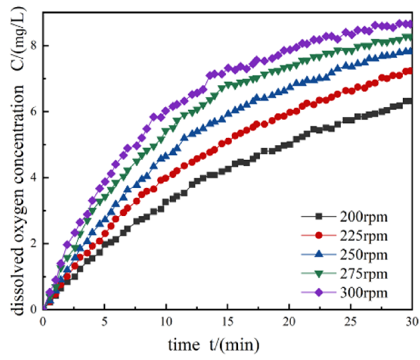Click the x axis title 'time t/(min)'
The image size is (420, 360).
pyautogui.click(x=214, y=344)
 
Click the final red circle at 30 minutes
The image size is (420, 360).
pyautogui.click(x=408, y=71)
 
